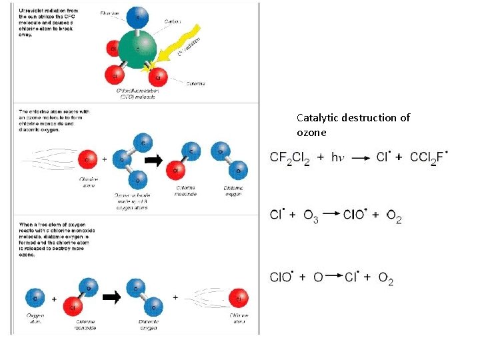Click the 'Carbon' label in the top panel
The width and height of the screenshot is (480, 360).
coord(172,22)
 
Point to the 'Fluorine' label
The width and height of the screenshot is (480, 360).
coord(110,13)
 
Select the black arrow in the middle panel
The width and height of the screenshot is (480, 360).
coord(155,160)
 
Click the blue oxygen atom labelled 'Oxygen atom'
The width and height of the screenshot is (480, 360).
coord(35,297)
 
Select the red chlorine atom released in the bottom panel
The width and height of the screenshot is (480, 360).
coord(239,297)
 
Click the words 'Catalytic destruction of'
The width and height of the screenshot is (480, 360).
coord(353,118)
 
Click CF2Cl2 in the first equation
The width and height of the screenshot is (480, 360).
coord(289,158)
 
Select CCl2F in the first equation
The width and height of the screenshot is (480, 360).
coord(429,158)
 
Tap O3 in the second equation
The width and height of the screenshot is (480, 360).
coord(311,215)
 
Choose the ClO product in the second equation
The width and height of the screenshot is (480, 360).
coord(356,215)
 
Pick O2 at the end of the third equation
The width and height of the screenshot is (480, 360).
coord(385,277)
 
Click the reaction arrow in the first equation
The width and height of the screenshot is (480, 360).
coord(361,158)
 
